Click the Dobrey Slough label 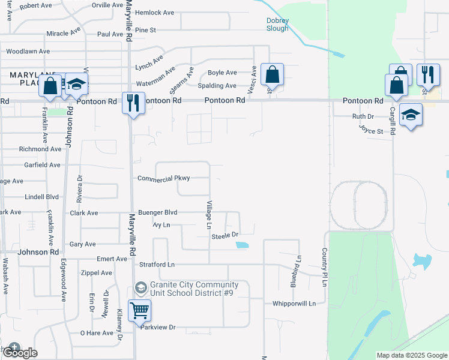277,25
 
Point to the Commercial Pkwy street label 163,178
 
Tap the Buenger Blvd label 158,212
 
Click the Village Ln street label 209,215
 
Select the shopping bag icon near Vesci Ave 272,76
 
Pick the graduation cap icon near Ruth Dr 411,115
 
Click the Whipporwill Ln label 294,304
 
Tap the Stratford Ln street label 154,264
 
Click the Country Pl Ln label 324,262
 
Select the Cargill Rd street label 393,121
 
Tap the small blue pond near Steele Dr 242,245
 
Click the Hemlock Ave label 154,12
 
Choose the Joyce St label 371,129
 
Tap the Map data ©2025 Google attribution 412,355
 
